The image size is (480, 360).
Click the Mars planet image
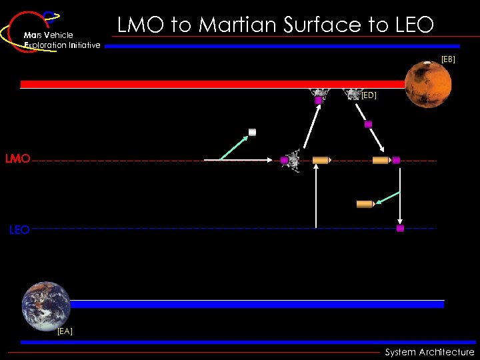pos(427,84)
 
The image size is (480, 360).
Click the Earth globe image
pos(45,306)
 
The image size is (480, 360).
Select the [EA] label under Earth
pos(65,331)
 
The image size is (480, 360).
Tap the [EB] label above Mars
pos(448,59)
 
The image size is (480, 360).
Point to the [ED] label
pos(369,95)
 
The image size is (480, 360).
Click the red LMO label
pos(17,159)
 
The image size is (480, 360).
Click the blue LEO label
pos(19,230)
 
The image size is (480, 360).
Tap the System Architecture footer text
pos(429,352)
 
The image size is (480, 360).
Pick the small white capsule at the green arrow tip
pos(252,132)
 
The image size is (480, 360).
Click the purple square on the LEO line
pos(400,228)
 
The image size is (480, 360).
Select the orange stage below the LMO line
pos(365,204)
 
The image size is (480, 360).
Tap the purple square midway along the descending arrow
pos(368,124)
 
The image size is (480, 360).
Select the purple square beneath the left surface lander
pos(318,100)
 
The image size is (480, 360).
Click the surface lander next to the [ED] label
pos(351,94)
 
